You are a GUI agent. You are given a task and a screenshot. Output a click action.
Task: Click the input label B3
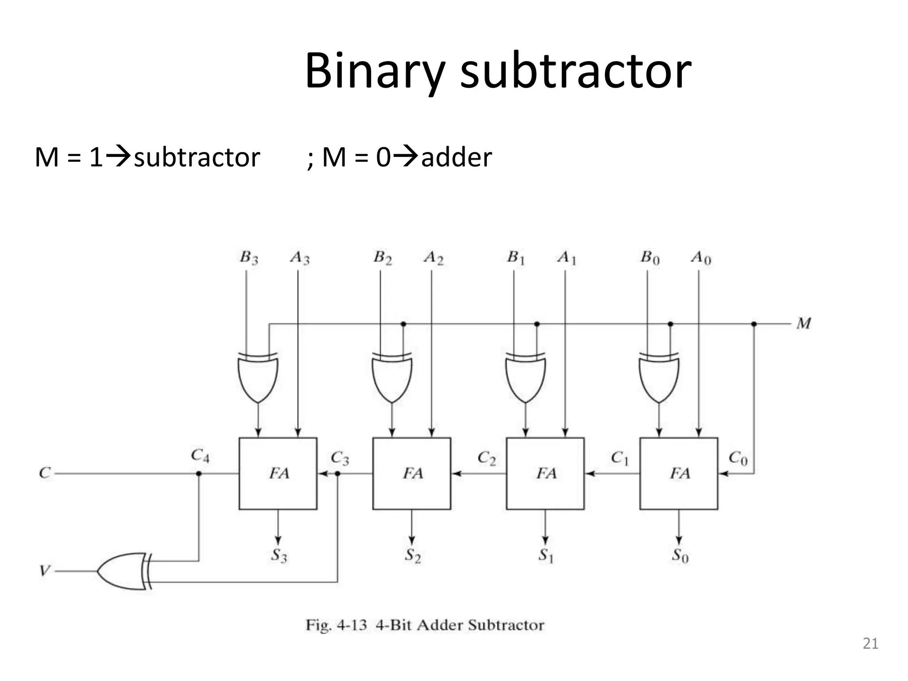pos(249,258)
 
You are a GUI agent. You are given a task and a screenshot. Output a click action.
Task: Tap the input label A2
pos(433,258)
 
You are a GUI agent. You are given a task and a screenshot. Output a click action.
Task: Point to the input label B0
pos(650,258)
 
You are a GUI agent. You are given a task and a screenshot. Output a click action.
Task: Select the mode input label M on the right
pos(803,324)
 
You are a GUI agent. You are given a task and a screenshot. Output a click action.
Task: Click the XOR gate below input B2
pos(391,377)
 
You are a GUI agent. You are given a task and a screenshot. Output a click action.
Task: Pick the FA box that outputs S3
pos(278,473)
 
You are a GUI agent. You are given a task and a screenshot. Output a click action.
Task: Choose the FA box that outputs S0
pos(678,473)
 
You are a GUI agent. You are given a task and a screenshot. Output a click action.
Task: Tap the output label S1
pos(546,556)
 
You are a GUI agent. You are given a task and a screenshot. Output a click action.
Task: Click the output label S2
pos(412,556)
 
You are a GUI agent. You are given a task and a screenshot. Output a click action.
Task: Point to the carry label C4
pos(200,455)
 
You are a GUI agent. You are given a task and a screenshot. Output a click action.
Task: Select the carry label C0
pos(738,457)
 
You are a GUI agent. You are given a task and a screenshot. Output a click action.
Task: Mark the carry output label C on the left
pos(45,473)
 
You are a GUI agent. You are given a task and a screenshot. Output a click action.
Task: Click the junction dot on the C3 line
pos(337,474)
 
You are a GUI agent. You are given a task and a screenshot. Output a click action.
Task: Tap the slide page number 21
pos(870,643)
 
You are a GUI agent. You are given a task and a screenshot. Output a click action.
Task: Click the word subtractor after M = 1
pos(196,157)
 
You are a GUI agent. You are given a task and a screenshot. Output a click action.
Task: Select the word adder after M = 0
pos(456,157)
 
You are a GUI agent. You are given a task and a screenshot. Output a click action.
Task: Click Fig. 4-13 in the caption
pos(336,625)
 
